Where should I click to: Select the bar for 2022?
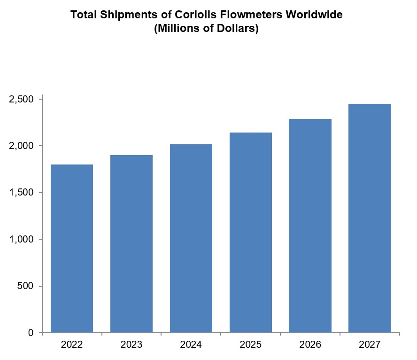point(72,249)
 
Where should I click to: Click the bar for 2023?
point(131,244)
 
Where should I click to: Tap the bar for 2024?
point(191,238)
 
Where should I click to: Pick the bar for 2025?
point(251,233)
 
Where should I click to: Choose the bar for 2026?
point(310,226)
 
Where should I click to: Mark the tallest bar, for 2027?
point(370,218)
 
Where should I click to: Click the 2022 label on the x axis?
point(72,345)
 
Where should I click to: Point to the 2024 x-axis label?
point(191,345)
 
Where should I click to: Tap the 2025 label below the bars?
point(251,345)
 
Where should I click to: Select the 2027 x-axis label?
point(370,345)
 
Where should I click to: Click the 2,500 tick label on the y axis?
point(22,100)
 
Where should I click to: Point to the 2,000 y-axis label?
point(22,146)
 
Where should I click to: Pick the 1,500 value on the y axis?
point(22,193)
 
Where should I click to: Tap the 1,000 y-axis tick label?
point(22,239)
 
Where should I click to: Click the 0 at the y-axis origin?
point(31,333)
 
